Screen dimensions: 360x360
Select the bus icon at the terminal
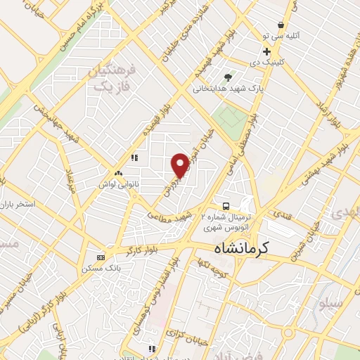(x=225, y=206)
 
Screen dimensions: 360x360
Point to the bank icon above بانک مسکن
(x=101, y=257)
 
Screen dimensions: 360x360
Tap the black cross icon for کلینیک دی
(x=266, y=52)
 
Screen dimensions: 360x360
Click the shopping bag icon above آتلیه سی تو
(x=281, y=25)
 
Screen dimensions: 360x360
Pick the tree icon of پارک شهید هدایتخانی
(x=227, y=77)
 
